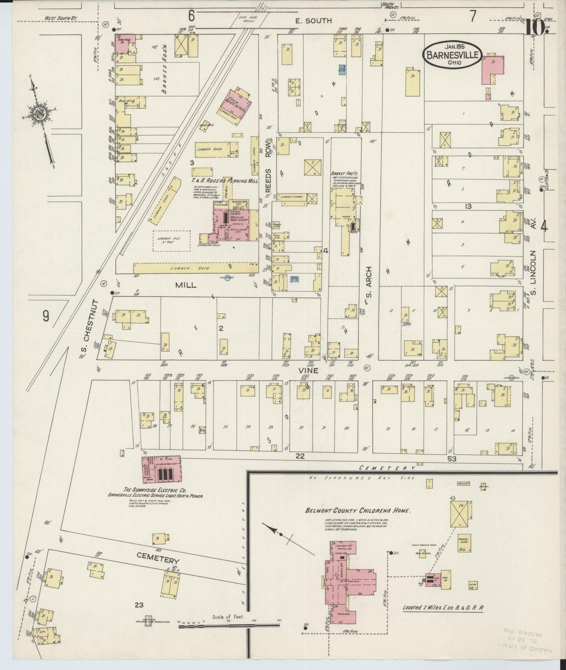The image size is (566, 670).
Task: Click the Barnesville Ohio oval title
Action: tap(452, 55)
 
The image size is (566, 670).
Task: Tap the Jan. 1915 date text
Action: tap(452, 46)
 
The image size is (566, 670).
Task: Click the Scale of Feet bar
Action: tap(229, 627)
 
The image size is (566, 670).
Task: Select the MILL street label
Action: tap(186, 286)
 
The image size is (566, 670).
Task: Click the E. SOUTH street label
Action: tap(314, 21)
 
